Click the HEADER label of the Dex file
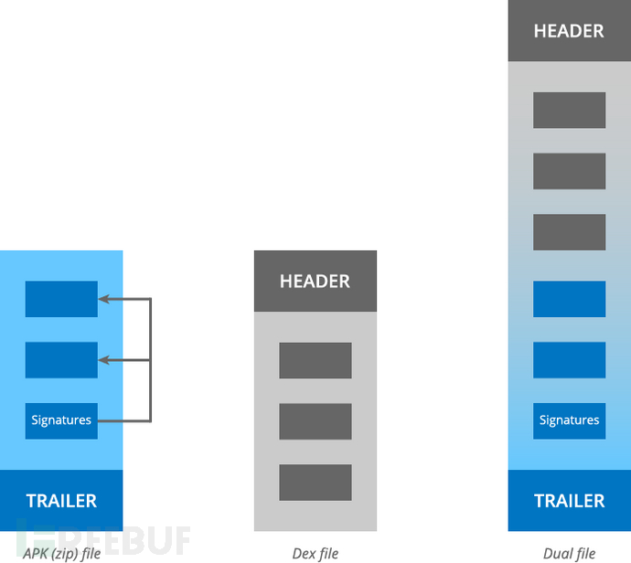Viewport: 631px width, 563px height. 315,281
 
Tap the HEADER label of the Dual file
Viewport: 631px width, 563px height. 569,31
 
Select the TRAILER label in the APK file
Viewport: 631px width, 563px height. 61,501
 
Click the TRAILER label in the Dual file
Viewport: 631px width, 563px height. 569,501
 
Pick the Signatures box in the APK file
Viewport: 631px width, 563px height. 61,420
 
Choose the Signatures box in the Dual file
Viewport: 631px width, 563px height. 569,420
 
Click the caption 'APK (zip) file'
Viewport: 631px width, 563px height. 61,554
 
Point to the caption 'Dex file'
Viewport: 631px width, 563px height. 315,553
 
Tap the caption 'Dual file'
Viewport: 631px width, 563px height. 569,553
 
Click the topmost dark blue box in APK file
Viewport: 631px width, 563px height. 61,299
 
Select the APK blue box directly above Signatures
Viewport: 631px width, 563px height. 61,360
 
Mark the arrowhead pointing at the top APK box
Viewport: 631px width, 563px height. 103,299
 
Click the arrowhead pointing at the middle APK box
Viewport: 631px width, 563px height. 103,360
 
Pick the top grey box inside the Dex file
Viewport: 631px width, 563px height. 315,360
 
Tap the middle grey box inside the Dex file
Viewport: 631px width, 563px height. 315,421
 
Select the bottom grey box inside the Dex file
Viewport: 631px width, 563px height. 315,483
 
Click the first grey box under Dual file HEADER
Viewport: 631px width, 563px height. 569,111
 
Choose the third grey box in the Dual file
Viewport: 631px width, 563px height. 569,232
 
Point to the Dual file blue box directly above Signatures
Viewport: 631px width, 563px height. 569,360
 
